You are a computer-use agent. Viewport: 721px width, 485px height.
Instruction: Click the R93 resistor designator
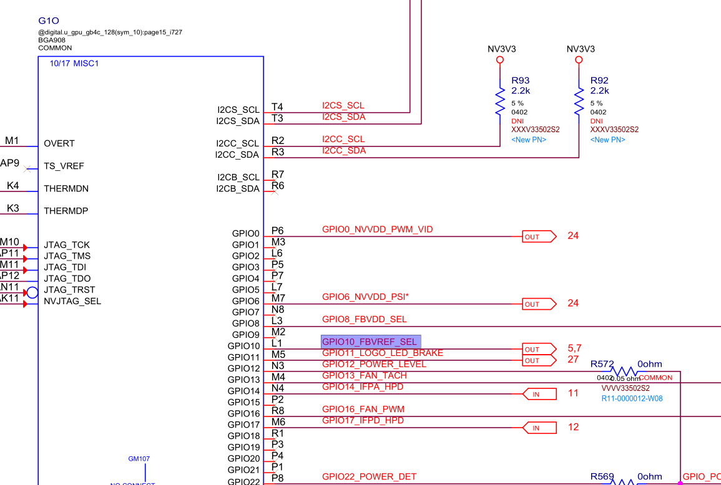coord(521,80)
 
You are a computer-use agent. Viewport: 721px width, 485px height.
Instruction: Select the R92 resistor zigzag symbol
coord(579,101)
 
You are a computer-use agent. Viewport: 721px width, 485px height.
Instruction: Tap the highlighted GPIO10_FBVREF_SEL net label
coord(371,342)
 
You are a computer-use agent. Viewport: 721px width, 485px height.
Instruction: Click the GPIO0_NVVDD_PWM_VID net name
coord(377,229)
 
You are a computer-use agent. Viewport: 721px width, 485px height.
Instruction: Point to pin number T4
coord(277,107)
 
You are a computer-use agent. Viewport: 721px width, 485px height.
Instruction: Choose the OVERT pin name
coord(59,143)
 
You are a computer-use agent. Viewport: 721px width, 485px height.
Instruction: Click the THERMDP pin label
coord(66,211)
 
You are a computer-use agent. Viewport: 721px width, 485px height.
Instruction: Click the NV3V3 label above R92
coord(581,49)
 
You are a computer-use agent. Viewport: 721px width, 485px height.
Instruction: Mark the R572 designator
coord(603,363)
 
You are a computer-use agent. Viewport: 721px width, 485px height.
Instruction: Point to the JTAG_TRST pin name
coord(69,290)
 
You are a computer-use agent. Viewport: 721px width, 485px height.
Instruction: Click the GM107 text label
coord(139,459)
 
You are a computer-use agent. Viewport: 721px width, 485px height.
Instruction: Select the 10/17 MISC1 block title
coord(74,64)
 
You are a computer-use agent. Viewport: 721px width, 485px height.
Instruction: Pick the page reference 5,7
coord(574,348)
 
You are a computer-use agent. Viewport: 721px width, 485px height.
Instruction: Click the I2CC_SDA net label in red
coord(344,151)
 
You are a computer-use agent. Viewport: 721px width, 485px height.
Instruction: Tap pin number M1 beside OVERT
coord(12,141)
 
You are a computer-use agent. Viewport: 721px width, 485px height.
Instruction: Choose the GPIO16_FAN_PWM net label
coord(363,410)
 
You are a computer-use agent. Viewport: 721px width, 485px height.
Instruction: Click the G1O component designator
coord(49,21)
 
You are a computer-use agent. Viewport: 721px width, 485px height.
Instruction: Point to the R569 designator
coord(602,477)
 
